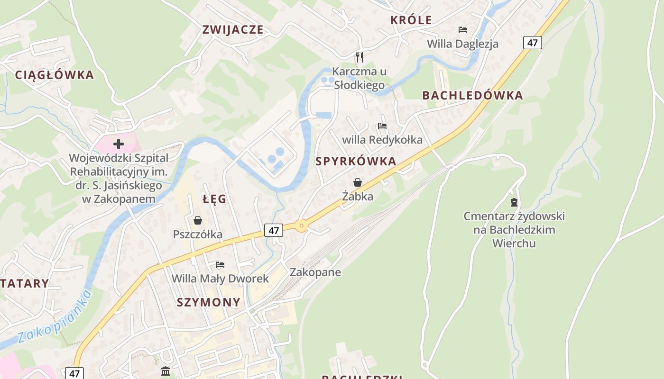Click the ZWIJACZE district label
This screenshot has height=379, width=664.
coord(232,29)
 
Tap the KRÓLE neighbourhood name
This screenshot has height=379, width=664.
coord(411,20)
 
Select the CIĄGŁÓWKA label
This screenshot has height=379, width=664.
coord(55,75)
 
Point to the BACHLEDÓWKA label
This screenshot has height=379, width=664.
coord(472,95)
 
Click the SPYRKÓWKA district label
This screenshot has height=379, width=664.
coord(356,161)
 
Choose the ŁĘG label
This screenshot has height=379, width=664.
coord(214,199)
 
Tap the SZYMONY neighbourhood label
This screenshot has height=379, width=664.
coord(209,302)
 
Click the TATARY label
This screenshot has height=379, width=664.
coord(25,283)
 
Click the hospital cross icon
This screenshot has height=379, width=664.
coord(118,144)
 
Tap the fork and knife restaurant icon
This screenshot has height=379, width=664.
coord(360,57)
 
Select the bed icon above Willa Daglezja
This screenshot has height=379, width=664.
coord(463,30)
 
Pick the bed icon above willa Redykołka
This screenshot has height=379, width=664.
coord(382,126)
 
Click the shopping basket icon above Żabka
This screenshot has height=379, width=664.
coord(358,182)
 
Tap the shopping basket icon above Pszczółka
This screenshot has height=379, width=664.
coord(198,220)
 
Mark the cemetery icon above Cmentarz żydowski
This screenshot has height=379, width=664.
coord(514,202)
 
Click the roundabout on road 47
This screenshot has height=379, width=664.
coord(301,226)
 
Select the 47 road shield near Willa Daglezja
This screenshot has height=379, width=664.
coord(533,43)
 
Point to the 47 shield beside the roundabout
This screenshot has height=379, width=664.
coord(274,230)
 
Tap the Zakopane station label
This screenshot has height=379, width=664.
coord(315,272)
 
